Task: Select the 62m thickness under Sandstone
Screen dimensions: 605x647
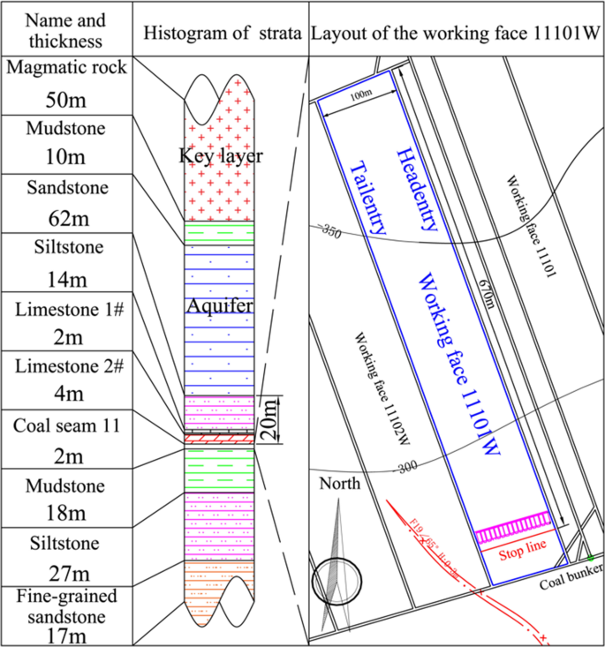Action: [x=66, y=214]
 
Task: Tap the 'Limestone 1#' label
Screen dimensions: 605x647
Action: [x=66, y=309]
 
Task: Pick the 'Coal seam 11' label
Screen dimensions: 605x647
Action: [x=66, y=427]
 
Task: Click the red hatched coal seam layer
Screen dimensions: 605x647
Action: [x=219, y=438]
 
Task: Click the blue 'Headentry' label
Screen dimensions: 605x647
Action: [x=417, y=188]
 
